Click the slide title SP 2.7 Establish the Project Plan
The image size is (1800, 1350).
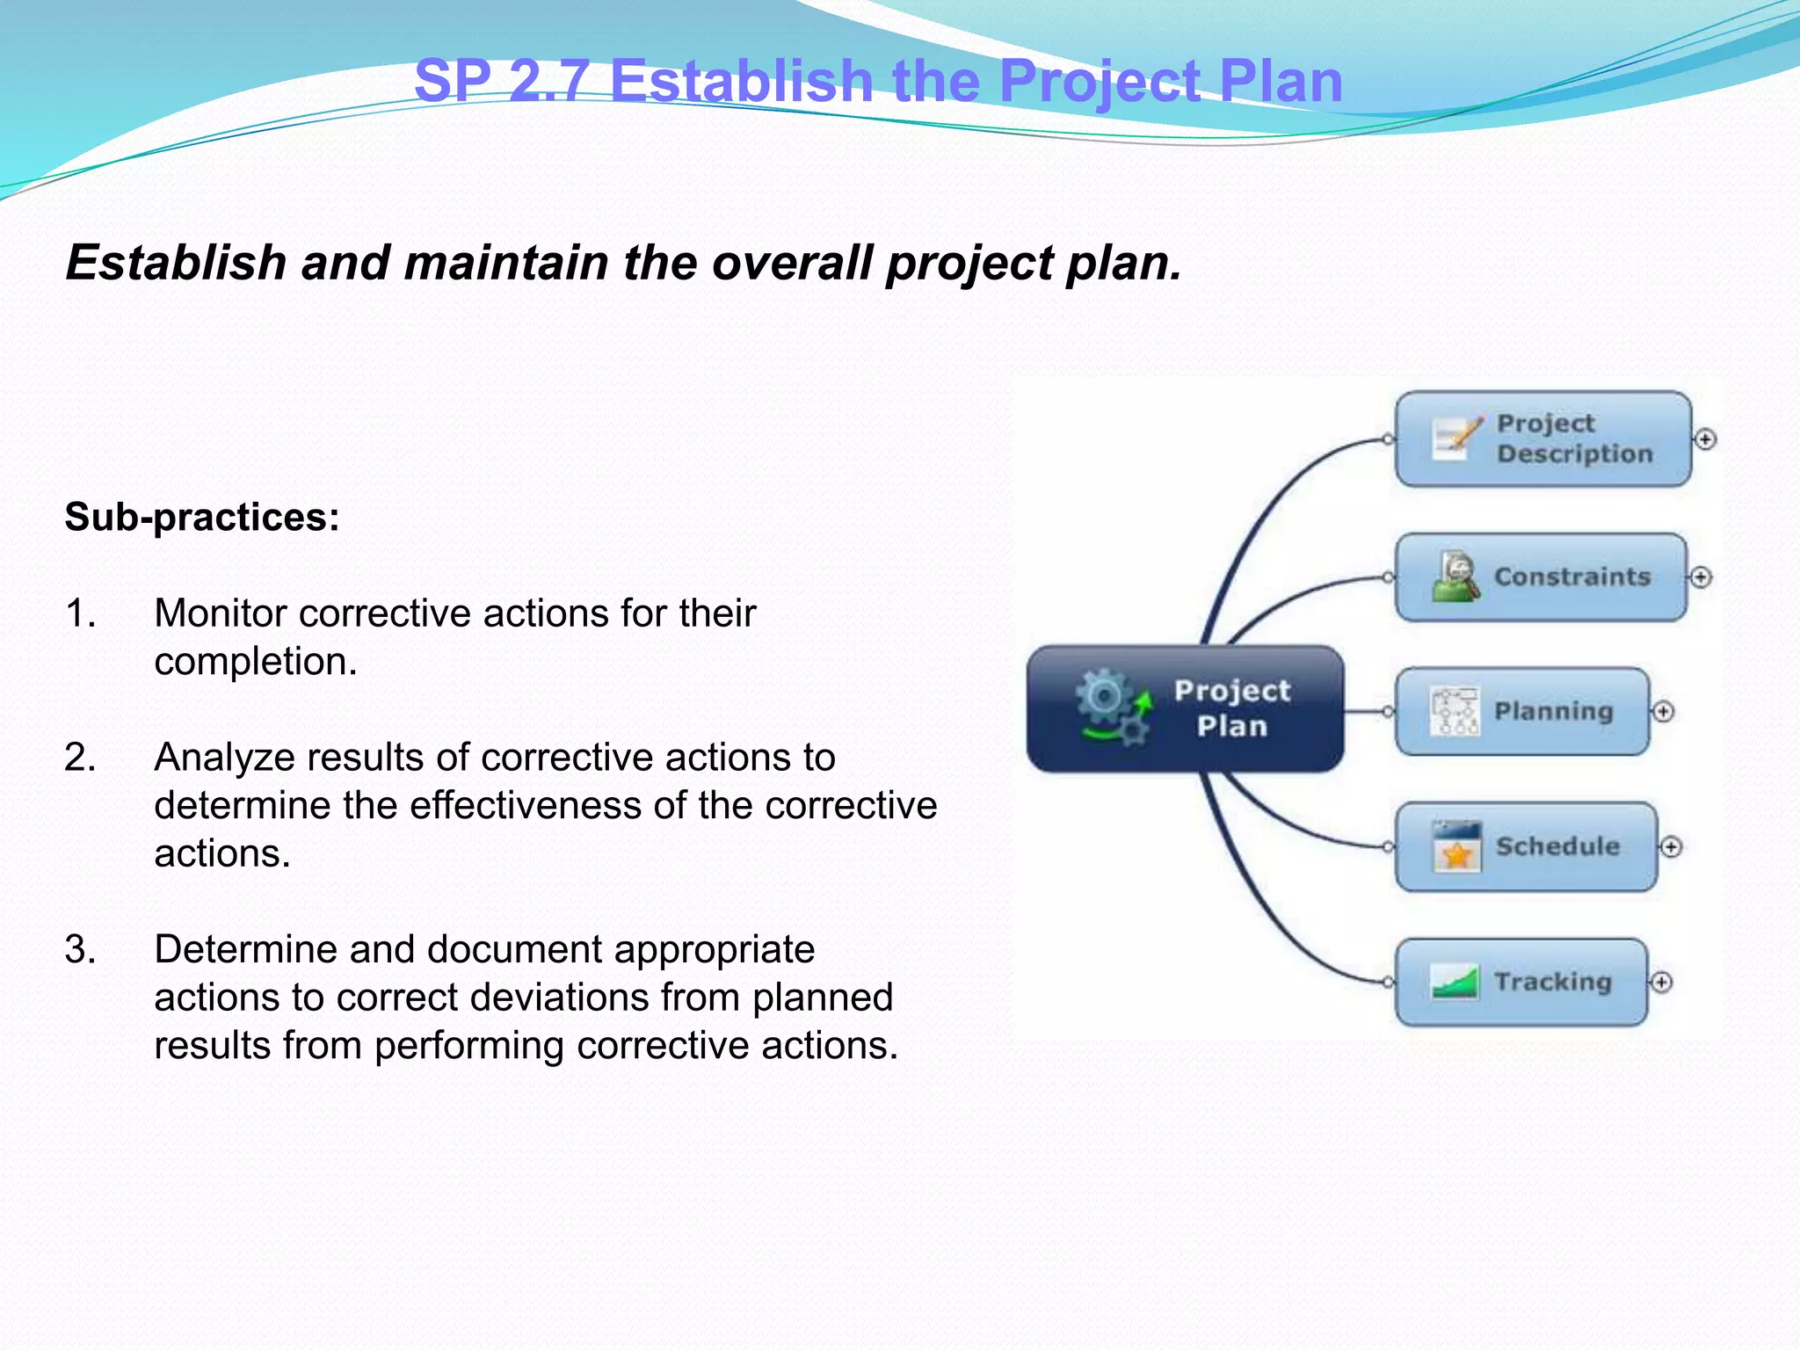click(878, 81)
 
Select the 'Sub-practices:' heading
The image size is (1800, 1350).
click(202, 517)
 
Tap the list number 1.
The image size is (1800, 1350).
click(79, 613)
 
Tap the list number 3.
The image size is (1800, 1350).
click(79, 950)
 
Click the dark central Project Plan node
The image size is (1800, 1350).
click(1185, 709)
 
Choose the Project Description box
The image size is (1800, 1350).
click(1542, 439)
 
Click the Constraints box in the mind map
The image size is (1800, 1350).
click(1541, 577)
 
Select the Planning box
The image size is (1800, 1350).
click(1522, 711)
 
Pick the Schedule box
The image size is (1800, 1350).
click(1527, 846)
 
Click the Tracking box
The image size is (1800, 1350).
click(1521, 982)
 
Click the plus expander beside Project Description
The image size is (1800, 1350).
click(1704, 439)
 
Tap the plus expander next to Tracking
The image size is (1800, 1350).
click(1660, 982)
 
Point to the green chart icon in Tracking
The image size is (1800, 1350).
click(1455, 982)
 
